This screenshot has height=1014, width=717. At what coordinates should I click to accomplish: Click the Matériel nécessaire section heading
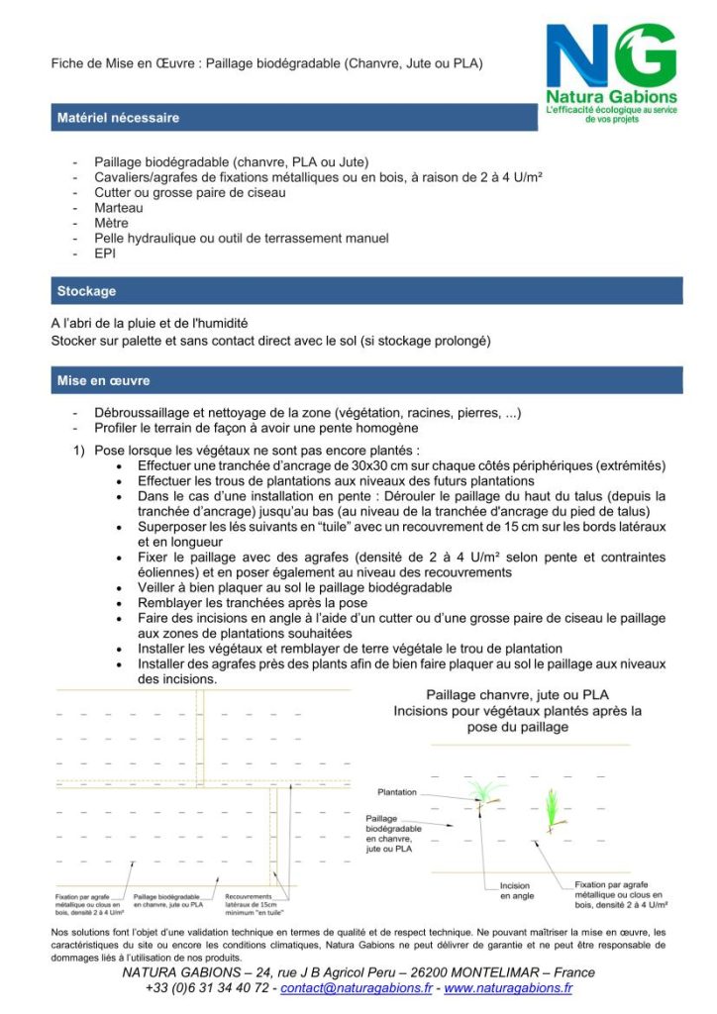[118, 118]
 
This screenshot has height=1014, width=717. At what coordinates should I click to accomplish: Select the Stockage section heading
[86, 291]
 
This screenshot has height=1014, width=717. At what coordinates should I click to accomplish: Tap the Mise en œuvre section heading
[103, 380]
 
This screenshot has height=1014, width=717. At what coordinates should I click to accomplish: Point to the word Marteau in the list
[119, 208]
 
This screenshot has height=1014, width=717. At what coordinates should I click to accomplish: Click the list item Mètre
[112, 223]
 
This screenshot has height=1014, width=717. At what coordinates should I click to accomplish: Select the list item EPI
[105, 253]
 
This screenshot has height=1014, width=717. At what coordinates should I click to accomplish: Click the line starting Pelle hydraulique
[241, 238]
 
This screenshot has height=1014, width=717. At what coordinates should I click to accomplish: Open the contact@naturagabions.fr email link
[357, 987]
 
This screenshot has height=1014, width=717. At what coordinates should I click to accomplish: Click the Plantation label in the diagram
[397, 792]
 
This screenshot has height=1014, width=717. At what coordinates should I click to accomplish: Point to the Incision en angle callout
[515, 890]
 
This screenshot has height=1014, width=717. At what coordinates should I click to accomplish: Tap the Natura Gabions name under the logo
[612, 97]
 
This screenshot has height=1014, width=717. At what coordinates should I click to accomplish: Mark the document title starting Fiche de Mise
[267, 64]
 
